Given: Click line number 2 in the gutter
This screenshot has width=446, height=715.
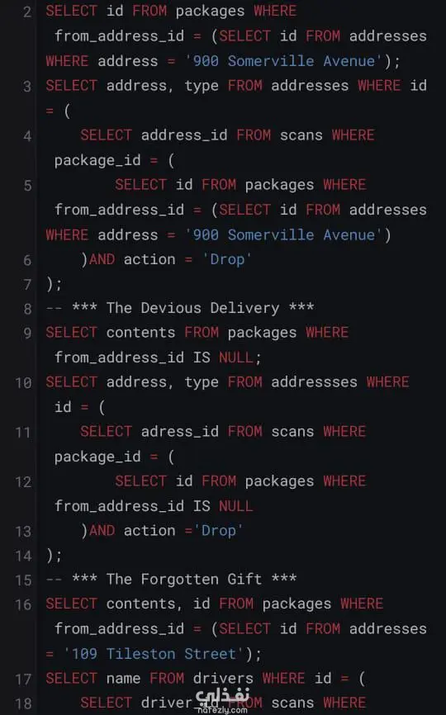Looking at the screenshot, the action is coord(27,11).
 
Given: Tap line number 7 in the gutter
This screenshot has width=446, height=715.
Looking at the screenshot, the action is coord(27,285).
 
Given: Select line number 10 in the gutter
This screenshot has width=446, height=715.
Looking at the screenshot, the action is coord(23,382).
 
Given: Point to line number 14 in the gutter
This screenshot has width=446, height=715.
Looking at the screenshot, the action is coord(23,556).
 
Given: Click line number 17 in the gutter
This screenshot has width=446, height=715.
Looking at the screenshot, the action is coord(23,679).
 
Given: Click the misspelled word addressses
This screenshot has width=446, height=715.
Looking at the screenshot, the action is coord(314,382).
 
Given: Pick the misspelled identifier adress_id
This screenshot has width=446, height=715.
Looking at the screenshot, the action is coord(180,432).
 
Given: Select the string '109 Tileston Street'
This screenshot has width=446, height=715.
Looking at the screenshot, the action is coord(154,654).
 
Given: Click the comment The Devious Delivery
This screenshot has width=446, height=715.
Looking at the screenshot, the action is coord(193,308).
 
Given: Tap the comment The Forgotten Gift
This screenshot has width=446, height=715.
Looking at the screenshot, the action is coord(184,580).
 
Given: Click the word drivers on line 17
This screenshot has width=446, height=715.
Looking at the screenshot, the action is coord(223,679).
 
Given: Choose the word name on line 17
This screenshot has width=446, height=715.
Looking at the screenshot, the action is coord(123,679).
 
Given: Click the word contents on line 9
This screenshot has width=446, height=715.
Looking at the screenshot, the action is coord(140,333).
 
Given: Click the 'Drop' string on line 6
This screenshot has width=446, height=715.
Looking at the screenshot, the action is coord(227,260).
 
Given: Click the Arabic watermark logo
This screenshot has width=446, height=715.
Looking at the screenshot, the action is coord(223,700).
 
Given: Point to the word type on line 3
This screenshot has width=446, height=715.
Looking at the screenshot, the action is coord(202,86).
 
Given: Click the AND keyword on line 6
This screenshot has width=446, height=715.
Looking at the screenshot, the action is coord(102,260).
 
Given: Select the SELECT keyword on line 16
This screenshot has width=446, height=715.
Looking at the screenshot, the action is coord(72,604).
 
